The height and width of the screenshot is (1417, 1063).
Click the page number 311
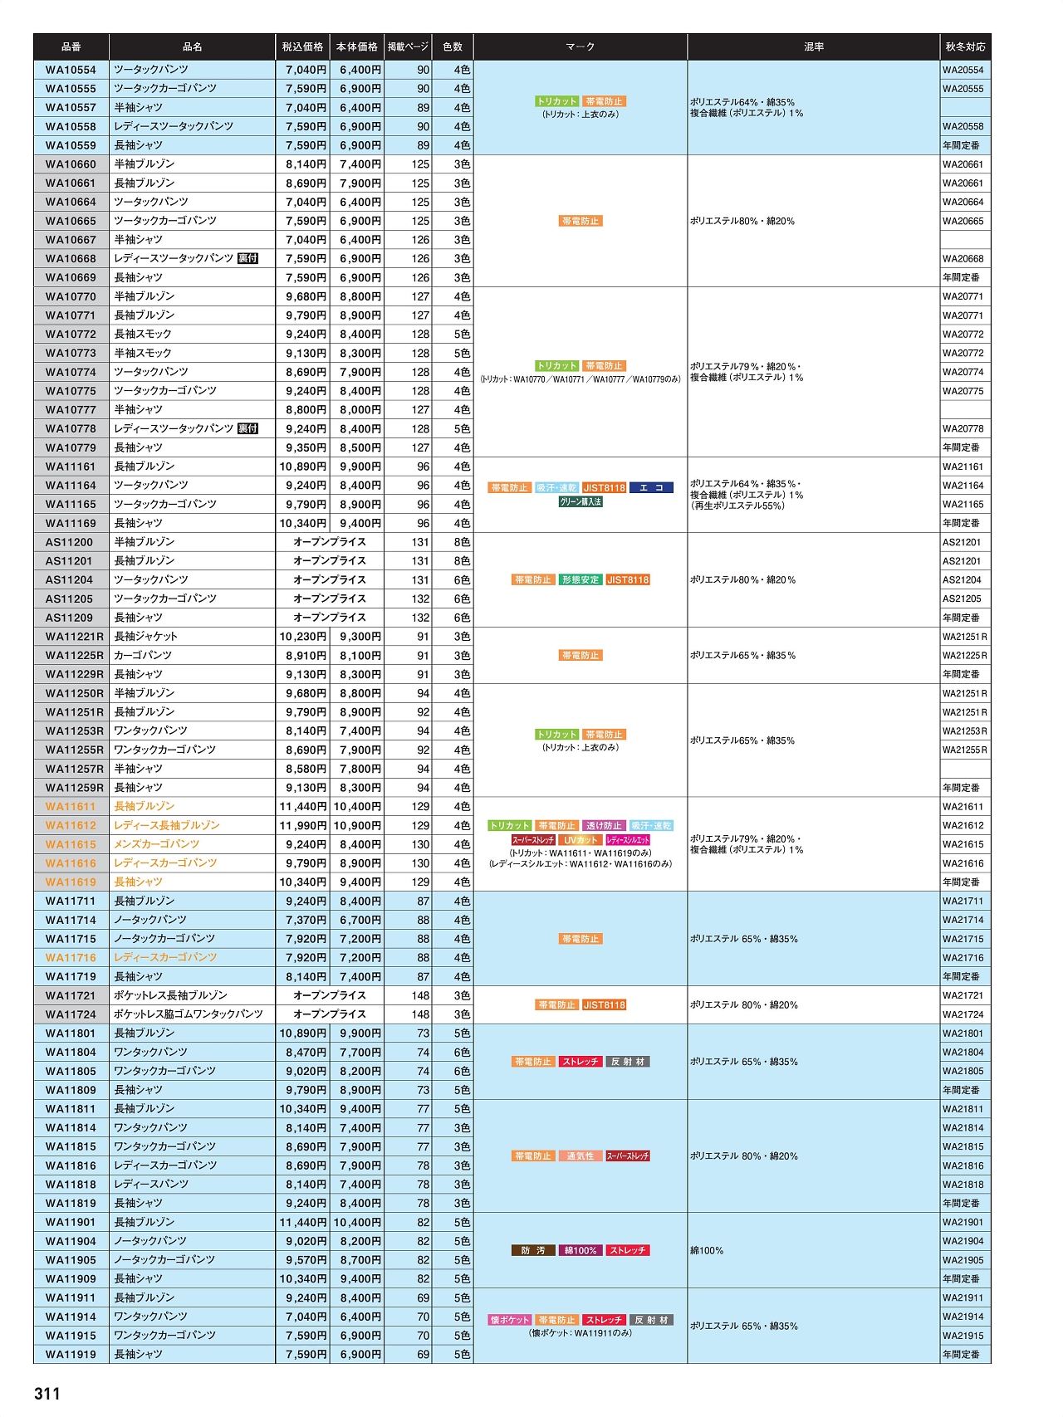click(x=47, y=1393)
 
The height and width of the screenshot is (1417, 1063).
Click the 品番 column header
click(x=71, y=47)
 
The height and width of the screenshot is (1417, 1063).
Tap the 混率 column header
click(x=814, y=47)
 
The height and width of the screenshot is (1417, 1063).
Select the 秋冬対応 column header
click(x=965, y=47)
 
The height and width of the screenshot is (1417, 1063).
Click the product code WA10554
click(x=71, y=71)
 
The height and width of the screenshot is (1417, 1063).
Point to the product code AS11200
click(x=69, y=542)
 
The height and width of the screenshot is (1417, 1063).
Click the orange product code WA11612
click(x=71, y=826)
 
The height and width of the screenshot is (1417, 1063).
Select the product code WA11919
click(x=71, y=1355)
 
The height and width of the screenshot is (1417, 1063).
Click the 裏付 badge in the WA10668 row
click(x=247, y=259)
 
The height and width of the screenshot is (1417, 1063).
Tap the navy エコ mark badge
click(x=651, y=488)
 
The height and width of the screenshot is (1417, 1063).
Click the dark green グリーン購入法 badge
click(x=580, y=502)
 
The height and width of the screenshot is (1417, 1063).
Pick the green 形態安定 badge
click(x=580, y=580)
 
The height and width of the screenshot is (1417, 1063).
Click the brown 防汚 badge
click(x=533, y=1251)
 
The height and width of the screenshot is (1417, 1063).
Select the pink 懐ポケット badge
click(x=509, y=1320)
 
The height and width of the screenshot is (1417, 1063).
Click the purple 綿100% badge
click(x=580, y=1251)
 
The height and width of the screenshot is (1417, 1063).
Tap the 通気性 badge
click(x=580, y=1156)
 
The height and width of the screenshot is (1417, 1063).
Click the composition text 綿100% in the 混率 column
click(x=707, y=1251)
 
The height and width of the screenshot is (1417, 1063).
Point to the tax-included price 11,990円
click(x=302, y=826)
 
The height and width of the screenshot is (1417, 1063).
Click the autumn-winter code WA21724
click(x=963, y=1014)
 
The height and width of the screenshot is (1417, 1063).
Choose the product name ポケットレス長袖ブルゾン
click(x=170, y=995)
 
